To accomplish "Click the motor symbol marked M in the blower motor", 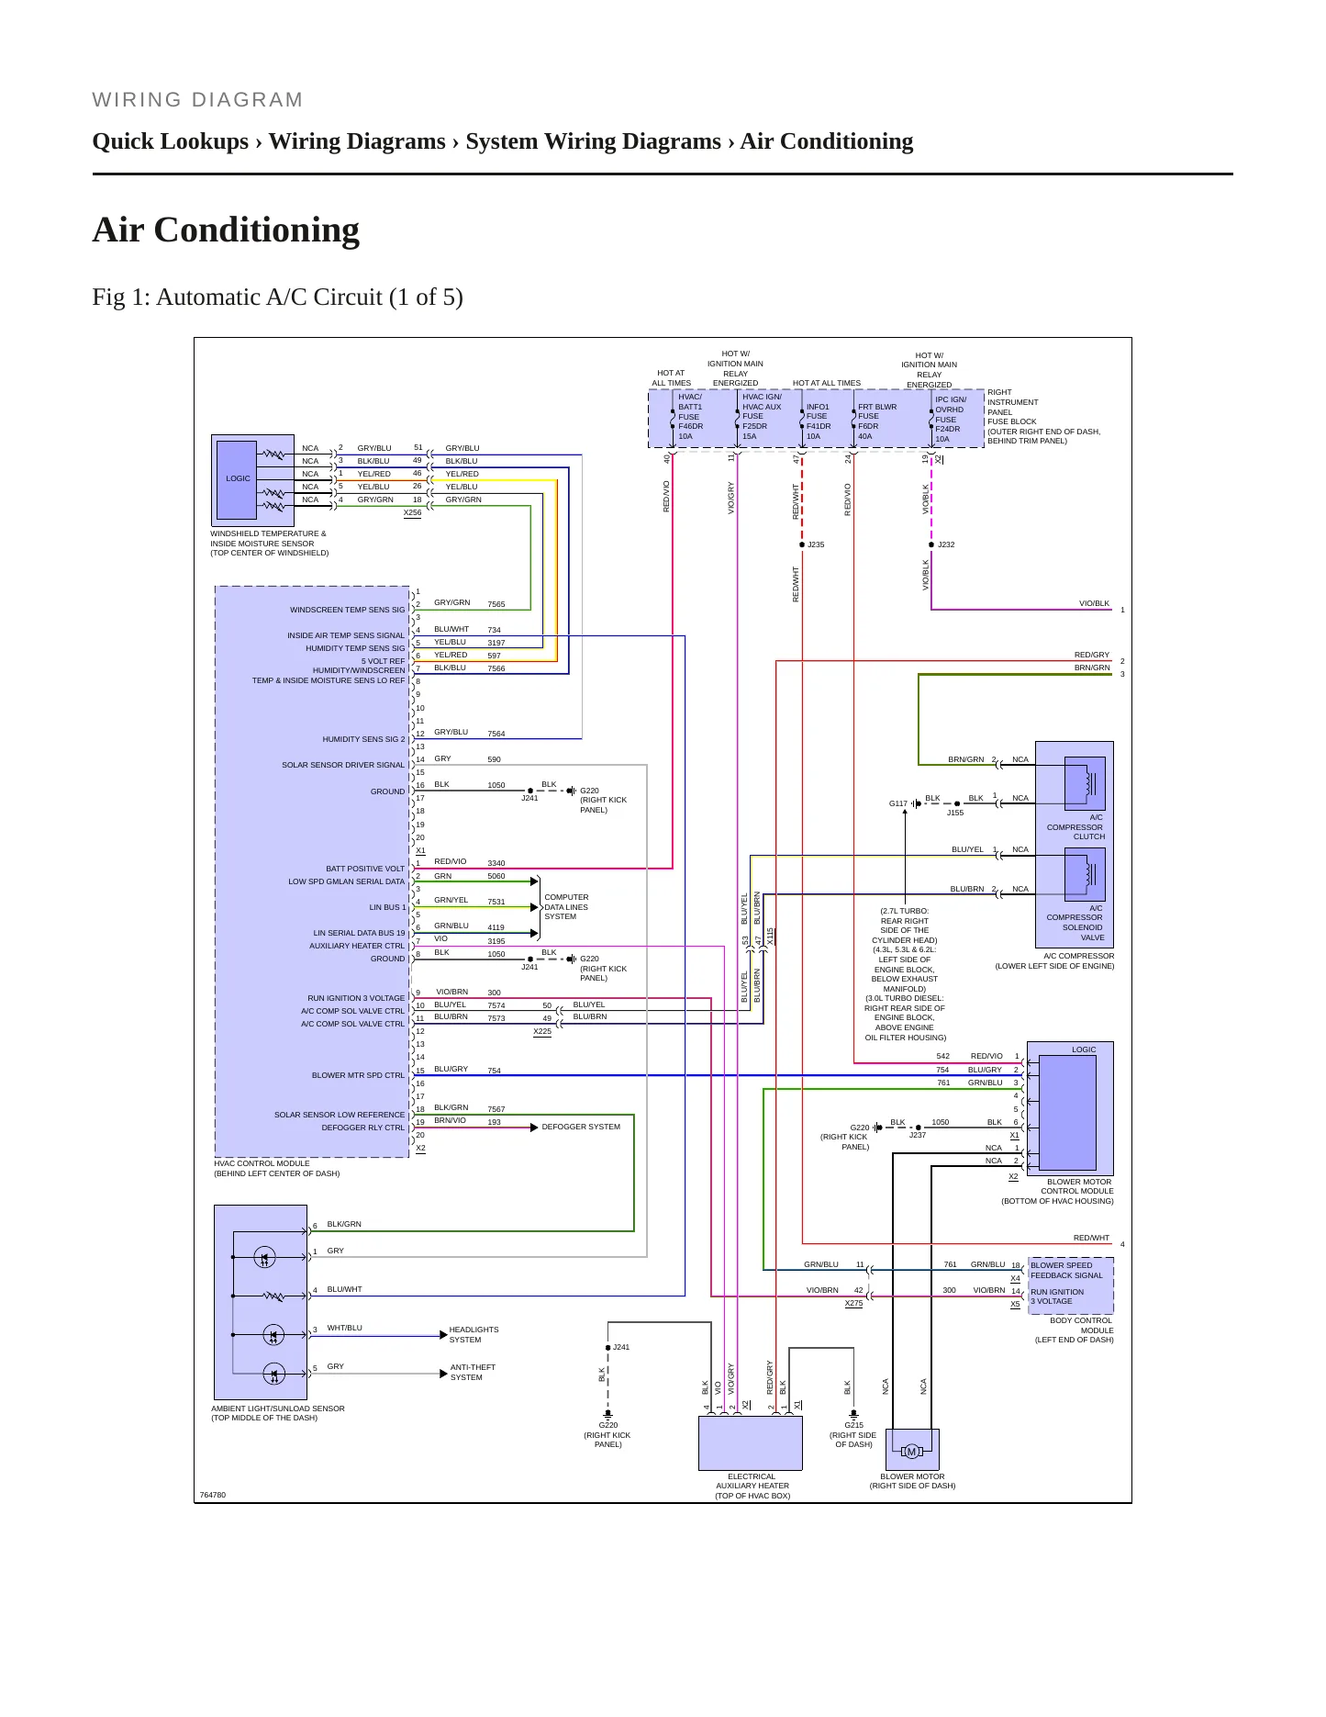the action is tap(911, 1452).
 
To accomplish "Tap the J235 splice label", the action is tap(816, 544).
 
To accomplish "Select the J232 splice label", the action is tap(946, 544).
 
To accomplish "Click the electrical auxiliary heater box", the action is tap(751, 1442).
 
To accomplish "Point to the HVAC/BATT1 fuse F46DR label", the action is tap(690, 417).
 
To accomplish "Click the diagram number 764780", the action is tap(212, 1495).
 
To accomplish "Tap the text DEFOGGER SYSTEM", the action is tap(581, 1127).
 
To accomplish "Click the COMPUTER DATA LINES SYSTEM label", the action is tap(566, 907).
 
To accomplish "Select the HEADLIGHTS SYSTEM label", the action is tap(474, 1334).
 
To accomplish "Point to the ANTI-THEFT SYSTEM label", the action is tap(473, 1372).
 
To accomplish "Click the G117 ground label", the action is tap(897, 803).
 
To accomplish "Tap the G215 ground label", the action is tap(853, 1425).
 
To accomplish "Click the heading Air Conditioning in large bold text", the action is tap(226, 230).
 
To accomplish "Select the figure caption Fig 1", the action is tap(277, 297).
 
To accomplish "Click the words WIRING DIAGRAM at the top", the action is tap(197, 99).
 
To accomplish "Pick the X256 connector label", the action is tap(412, 512).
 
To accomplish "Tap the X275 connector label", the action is tap(853, 1303).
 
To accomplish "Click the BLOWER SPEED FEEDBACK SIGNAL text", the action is tap(1066, 1270).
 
